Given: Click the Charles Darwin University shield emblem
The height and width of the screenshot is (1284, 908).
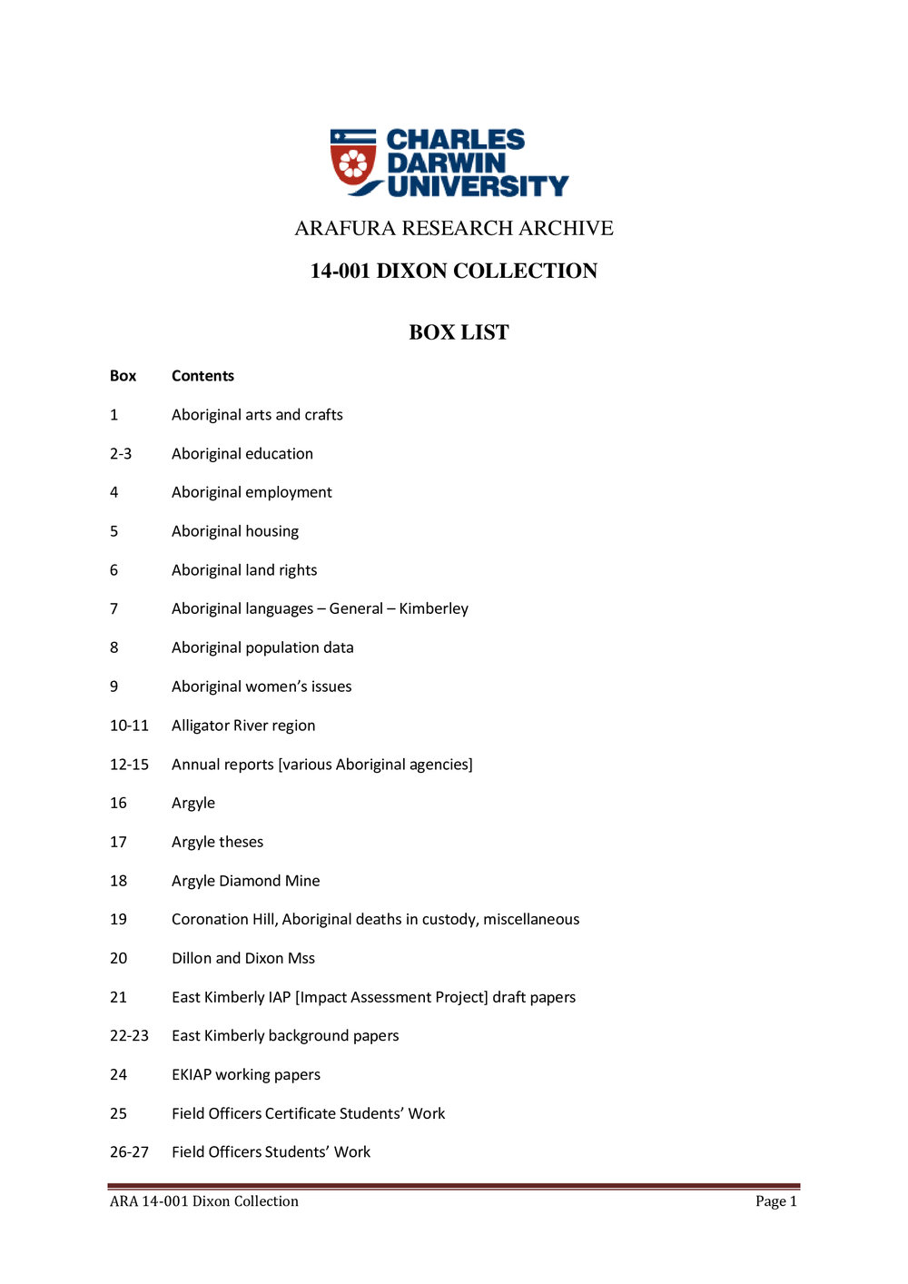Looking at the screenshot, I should click(353, 162).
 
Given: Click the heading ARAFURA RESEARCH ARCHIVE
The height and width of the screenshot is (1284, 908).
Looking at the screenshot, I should click(454, 228).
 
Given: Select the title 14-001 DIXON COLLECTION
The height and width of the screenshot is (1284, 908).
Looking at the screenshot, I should click(454, 271).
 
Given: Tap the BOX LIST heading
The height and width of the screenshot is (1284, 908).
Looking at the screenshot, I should click(459, 332).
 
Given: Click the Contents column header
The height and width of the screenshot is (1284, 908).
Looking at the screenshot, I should click(202, 376).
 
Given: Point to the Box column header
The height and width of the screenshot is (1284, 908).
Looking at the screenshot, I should click(123, 376).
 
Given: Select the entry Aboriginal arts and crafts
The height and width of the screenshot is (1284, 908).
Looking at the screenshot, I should click(257, 415).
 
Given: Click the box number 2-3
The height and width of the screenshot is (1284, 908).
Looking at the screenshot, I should click(121, 454).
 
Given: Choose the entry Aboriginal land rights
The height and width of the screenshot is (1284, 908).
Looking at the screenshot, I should click(244, 570).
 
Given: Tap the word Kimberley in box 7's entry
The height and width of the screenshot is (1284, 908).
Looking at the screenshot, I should click(433, 608).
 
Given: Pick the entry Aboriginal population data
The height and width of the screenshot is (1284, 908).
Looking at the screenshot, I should click(262, 647).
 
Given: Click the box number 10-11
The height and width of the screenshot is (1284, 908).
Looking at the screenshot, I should click(129, 726).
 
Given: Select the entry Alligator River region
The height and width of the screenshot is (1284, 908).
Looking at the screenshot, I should click(243, 726).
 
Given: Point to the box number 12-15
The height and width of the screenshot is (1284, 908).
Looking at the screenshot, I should click(129, 765).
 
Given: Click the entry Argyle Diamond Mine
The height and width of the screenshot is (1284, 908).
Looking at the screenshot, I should click(245, 881).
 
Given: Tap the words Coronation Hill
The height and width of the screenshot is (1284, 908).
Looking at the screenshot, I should click(223, 919).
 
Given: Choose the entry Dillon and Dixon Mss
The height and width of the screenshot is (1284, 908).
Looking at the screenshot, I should click(243, 958).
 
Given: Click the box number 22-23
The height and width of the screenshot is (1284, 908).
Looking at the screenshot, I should click(129, 1035).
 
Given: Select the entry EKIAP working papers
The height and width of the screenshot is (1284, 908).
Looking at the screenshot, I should click(246, 1074).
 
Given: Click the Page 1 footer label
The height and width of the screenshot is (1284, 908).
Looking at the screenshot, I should click(775, 1201).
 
